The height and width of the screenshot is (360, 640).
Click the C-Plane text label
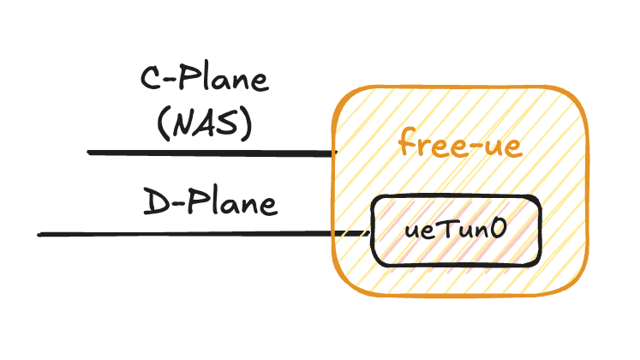coord(204,83)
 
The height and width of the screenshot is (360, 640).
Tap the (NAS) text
coord(204,124)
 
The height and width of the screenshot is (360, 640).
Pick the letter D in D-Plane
coord(153,204)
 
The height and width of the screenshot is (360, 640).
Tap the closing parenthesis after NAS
coord(247,125)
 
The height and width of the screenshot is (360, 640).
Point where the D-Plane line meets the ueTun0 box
coord(372,232)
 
